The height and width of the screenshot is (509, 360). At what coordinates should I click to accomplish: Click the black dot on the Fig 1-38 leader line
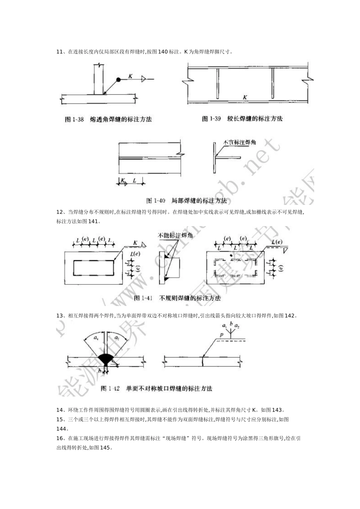[x=119, y=80]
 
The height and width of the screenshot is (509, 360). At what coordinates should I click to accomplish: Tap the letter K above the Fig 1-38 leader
[x=130, y=76]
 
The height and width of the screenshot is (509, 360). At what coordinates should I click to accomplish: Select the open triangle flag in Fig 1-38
[x=143, y=79]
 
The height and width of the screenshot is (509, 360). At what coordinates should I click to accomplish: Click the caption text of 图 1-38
[x=108, y=119]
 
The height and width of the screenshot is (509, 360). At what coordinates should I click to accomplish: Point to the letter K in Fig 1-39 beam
[x=245, y=97]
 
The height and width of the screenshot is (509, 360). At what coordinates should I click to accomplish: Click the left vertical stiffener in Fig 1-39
[x=218, y=84]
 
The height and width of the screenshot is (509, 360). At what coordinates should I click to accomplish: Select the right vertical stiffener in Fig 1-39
[x=272, y=84]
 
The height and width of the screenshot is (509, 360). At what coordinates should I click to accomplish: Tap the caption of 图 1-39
[x=242, y=119]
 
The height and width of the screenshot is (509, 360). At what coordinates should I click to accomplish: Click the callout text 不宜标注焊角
[x=240, y=142]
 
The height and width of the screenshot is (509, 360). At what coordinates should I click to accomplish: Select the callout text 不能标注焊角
[x=175, y=236]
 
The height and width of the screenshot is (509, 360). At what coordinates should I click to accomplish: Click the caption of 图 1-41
[x=177, y=298]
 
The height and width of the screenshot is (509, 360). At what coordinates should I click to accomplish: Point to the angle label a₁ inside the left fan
[x=96, y=337]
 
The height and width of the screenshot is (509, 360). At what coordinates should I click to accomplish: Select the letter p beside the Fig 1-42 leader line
[x=221, y=334]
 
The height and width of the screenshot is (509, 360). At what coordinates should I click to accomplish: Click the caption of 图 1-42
[x=157, y=389]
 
